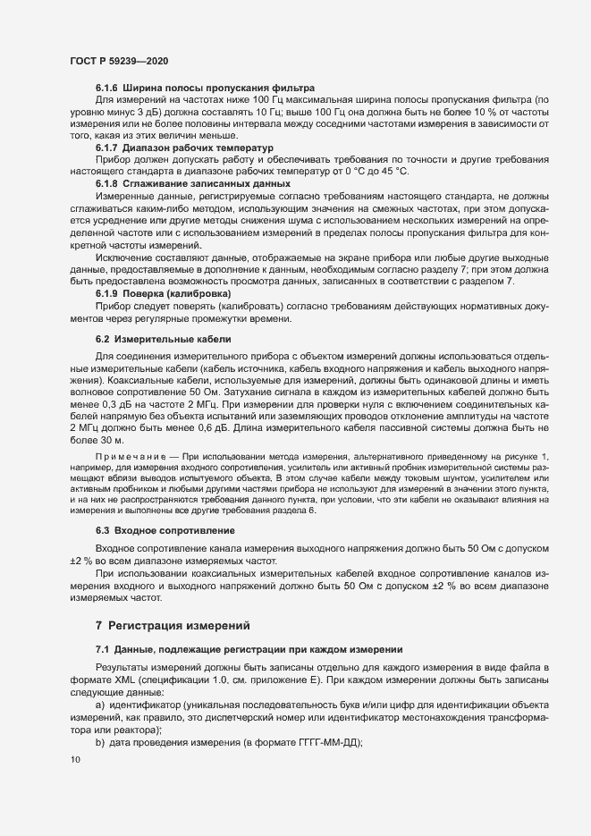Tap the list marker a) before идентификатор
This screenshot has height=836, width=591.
[101, 706]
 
